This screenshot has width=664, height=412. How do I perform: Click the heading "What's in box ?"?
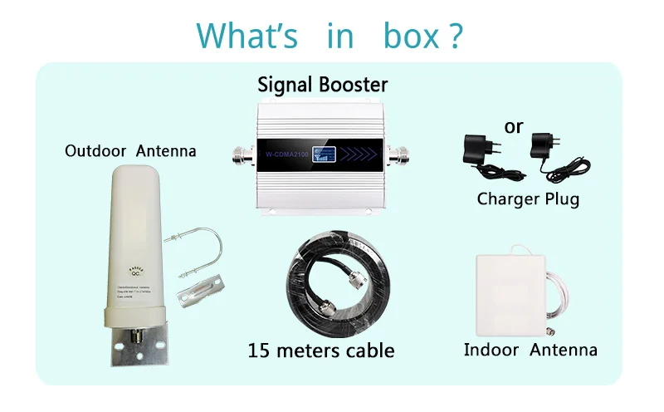[x=330, y=36]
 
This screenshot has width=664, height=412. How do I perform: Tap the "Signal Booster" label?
[x=322, y=84]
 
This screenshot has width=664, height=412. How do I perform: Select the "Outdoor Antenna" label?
[x=130, y=151]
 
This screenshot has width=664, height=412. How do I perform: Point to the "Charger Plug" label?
[x=528, y=199]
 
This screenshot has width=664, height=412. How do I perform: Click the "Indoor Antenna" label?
[x=530, y=350]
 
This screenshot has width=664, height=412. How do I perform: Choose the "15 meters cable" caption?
[x=321, y=350]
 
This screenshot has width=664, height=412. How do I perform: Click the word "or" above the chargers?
[x=514, y=126]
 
